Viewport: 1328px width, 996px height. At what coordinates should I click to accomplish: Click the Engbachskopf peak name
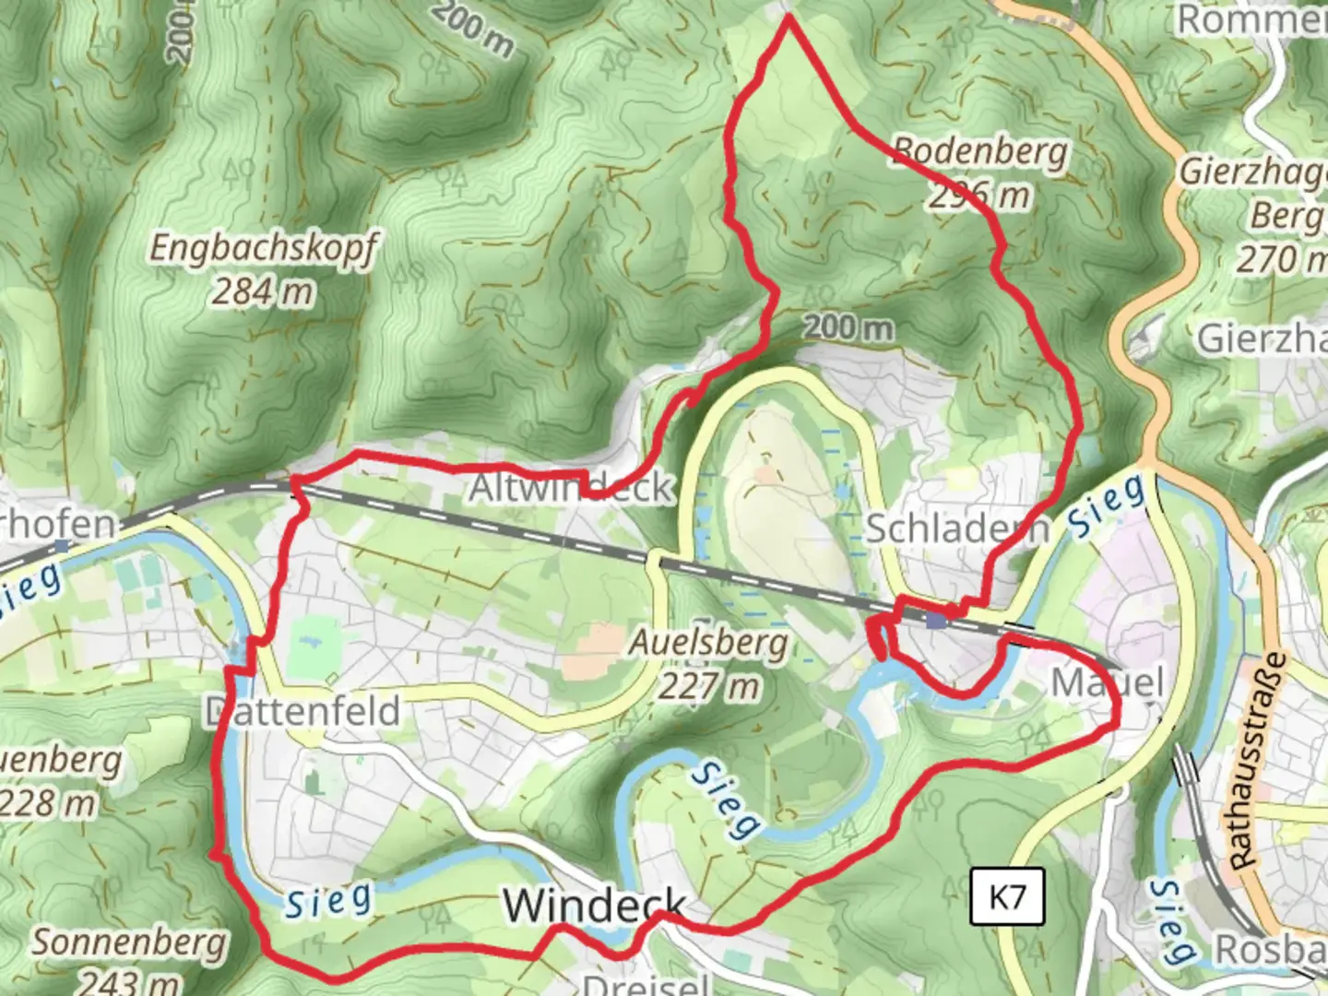[x=264, y=248]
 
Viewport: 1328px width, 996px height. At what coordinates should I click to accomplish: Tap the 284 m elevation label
[x=264, y=292]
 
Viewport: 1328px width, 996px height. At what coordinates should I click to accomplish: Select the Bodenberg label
[x=980, y=151]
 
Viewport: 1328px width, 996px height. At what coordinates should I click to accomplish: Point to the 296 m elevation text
[x=978, y=195]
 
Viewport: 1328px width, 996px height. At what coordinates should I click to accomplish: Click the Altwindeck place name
[x=572, y=488]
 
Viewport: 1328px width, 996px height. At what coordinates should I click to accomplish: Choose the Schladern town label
[x=957, y=528]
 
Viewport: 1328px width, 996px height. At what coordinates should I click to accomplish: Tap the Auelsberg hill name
[x=708, y=642]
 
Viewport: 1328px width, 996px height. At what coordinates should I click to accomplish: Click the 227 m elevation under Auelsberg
[x=708, y=685]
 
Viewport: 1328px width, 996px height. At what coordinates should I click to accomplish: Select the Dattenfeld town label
[x=302, y=711]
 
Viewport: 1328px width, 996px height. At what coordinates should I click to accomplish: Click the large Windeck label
[x=595, y=905]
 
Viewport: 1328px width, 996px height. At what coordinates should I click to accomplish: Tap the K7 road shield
[x=1007, y=896]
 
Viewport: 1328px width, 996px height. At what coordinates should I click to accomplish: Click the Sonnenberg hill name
[x=129, y=943]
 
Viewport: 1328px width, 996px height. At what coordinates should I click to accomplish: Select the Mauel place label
[x=1108, y=683]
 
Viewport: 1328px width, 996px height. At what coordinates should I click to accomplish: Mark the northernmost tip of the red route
[x=788, y=17]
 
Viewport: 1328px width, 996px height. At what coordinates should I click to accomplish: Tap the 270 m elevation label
[x=1280, y=259]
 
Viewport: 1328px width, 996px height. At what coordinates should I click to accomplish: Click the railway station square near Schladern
[x=937, y=621]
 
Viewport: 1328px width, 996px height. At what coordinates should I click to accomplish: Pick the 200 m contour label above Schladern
[x=848, y=326]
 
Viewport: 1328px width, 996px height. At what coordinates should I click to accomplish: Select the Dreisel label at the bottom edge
[x=646, y=983]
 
